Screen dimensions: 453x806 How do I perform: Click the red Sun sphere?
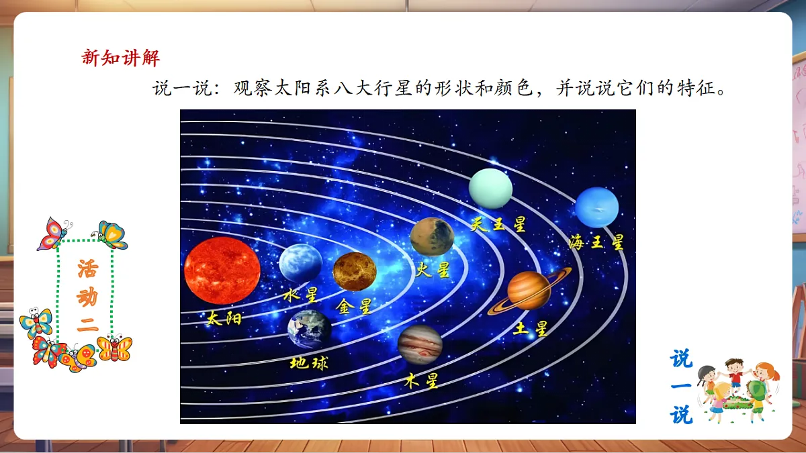pos(222,270)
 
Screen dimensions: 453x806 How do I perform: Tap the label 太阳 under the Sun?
pos(224,317)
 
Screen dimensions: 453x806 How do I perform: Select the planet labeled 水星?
pos(300,262)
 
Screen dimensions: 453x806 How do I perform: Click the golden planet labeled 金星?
pos(355,271)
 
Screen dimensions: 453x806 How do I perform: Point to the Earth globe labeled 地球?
pos(310,329)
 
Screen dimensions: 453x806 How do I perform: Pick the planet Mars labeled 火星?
pos(432,236)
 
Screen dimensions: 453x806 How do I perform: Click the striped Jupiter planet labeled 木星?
pos(420,343)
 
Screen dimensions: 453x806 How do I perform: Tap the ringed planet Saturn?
pos(529,290)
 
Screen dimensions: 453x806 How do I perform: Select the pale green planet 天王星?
pos(490,189)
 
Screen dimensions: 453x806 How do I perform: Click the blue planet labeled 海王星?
pos(596,207)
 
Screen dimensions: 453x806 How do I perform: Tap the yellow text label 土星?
pos(531,328)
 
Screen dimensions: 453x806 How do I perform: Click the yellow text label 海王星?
pos(596,242)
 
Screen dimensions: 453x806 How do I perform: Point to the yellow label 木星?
pos(422,381)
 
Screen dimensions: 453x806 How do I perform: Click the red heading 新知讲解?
pos(121,58)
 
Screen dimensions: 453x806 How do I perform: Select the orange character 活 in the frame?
pos(87,270)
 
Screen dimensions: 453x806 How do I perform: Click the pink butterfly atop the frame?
pos(52,234)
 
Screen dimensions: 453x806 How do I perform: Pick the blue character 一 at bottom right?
pos(680,387)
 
